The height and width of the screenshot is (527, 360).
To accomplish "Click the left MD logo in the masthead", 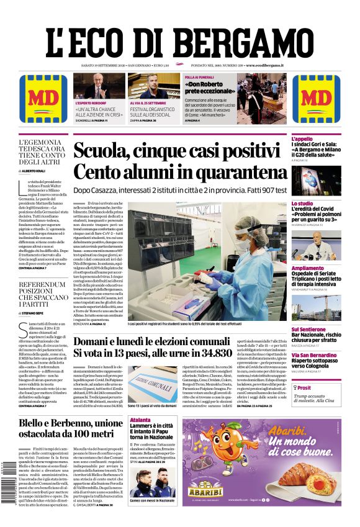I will pyautogui.click(x=43, y=98).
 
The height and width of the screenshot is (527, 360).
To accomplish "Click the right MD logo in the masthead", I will pyautogui.click(x=317, y=98).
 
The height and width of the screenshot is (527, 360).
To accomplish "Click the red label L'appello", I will pyautogui.click(x=302, y=138).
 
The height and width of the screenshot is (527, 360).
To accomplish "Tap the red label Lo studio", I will pyautogui.click(x=302, y=204).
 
